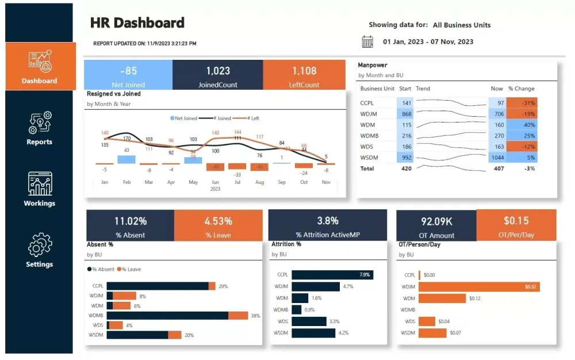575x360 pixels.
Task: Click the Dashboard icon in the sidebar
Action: click(40, 61)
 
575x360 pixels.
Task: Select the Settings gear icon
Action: click(40, 245)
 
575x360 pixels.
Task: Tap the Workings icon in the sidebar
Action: click(40, 183)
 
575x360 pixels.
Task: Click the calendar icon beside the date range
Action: click(367, 41)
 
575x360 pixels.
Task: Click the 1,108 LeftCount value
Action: click(304, 71)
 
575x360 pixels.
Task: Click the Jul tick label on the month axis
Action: click(237, 182)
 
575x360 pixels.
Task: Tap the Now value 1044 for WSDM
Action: click(497, 158)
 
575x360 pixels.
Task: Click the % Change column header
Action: click(521, 89)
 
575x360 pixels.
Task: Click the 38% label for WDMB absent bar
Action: click(255, 316)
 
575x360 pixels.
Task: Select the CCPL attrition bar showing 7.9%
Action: click(332, 275)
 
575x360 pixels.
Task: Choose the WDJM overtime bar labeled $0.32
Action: click(479, 286)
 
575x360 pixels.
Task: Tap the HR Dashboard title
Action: click(137, 23)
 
